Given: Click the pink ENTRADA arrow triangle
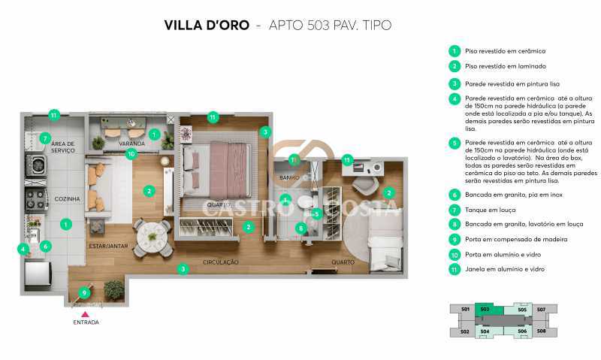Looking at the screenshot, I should (85, 314).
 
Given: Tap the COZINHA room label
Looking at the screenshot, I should (68, 199).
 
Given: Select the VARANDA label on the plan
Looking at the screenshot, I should (131, 143).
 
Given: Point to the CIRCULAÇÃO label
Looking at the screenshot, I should (220, 262).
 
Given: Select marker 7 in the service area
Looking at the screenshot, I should (45, 138).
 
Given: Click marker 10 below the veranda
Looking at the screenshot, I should (131, 154).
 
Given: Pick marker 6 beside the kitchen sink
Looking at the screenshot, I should (45, 246).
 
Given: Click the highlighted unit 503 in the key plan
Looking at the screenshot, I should (485, 309).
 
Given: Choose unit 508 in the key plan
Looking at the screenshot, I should (541, 331).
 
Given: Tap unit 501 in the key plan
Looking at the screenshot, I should (465, 309).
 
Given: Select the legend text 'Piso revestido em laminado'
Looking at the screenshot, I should (505, 67).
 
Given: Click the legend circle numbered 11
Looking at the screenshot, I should (455, 268).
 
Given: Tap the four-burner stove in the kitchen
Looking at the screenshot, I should (36, 199).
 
